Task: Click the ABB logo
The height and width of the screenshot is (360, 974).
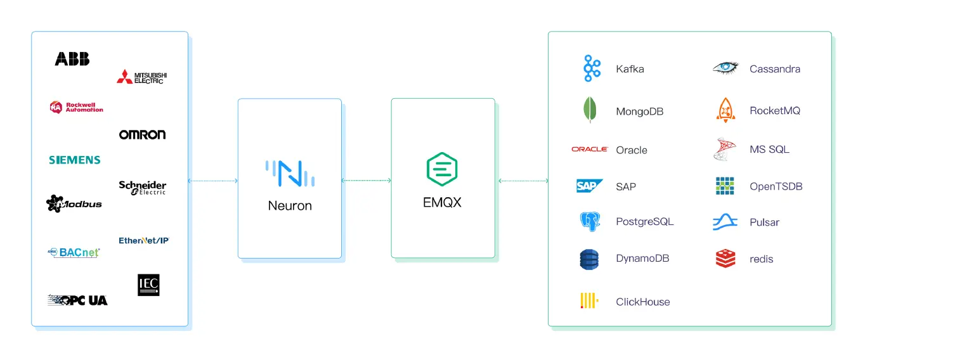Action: click(72, 59)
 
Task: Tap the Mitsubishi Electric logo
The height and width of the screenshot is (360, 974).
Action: click(141, 77)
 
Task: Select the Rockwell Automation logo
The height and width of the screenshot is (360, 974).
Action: click(76, 107)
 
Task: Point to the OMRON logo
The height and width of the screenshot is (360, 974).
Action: click(142, 134)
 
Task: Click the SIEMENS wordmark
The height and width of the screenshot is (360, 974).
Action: click(75, 160)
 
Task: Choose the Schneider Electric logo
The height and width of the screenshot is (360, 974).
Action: click(142, 188)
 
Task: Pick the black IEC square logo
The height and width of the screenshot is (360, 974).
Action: click(148, 285)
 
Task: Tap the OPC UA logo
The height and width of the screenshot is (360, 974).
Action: click(77, 300)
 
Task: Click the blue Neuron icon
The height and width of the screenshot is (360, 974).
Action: click(290, 173)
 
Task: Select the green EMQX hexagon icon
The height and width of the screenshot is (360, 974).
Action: click(442, 169)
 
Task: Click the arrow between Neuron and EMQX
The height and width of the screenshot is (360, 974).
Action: click(366, 181)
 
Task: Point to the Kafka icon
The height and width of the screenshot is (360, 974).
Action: click(592, 68)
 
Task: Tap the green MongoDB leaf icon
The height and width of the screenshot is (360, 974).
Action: click(590, 111)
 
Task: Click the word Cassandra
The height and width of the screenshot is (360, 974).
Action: click(774, 69)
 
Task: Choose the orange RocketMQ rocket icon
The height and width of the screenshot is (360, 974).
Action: click(725, 110)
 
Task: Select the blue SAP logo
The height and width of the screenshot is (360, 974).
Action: click(589, 186)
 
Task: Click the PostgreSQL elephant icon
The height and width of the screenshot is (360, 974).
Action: click(590, 222)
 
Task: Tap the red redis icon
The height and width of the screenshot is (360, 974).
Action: click(725, 259)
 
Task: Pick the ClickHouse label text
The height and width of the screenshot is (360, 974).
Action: click(642, 302)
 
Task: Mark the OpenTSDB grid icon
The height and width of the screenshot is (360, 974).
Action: click(725, 186)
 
